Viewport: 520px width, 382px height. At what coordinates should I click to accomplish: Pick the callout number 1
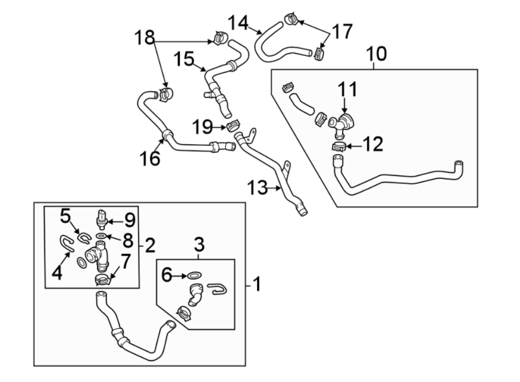tap(257, 284)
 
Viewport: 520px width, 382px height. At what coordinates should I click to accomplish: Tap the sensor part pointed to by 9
tap(102, 216)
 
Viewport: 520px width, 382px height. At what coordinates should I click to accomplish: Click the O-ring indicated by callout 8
tap(101, 236)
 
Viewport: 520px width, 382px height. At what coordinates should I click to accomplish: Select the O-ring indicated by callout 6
tap(195, 275)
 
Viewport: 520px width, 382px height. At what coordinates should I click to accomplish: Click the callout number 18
tap(145, 39)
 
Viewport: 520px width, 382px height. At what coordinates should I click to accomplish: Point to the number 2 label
tap(150, 246)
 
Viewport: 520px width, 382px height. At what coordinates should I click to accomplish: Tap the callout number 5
tap(66, 216)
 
